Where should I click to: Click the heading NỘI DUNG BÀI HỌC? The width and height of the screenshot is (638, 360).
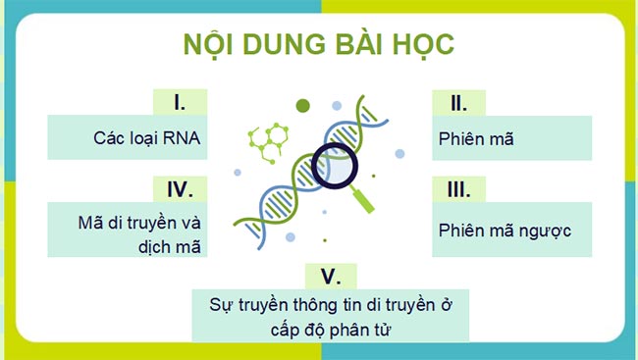coord(319,46)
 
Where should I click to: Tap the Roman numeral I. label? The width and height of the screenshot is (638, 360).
coord(180,102)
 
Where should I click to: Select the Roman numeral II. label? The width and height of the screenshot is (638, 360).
coord(457,102)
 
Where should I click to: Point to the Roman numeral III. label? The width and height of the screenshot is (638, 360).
coord(457,188)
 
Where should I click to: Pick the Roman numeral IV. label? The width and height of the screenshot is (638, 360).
coord(180,188)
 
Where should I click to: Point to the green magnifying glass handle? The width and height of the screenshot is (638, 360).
coord(362,197)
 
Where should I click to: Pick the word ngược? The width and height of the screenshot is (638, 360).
coord(544,230)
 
